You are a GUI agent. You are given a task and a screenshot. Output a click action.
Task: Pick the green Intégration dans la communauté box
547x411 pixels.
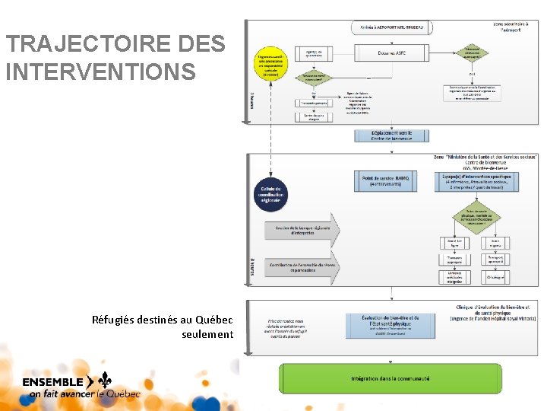[390, 378]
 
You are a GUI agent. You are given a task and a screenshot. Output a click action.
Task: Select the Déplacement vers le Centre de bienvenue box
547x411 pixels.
[391, 135]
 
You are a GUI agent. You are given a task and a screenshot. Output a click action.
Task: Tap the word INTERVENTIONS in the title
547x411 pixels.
[100, 72]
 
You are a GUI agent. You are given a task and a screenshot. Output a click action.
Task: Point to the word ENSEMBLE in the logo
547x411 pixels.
[53, 381]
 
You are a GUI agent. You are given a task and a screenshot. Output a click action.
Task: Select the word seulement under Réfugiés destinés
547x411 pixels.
[207, 334]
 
